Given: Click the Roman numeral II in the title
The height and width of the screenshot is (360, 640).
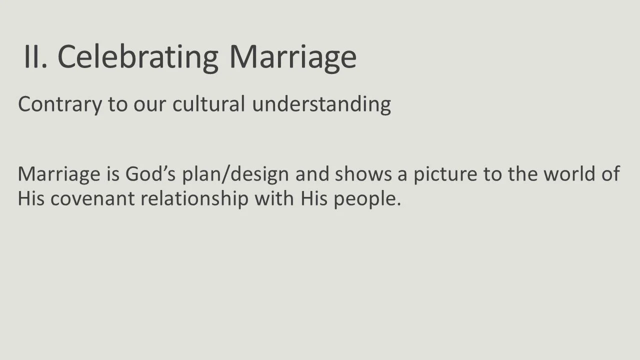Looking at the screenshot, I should pyautogui.click(x=35, y=56).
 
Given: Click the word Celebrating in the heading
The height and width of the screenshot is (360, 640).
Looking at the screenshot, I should pyautogui.click(x=138, y=56).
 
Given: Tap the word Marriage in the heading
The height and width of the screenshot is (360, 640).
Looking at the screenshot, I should pyautogui.click(x=292, y=57).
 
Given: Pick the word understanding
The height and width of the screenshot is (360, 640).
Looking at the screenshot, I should pyautogui.click(x=321, y=104).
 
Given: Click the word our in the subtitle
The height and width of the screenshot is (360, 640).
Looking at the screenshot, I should pyautogui.click(x=151, y=104).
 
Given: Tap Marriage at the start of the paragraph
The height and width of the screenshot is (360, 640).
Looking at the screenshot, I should pyautogui.click(x=59, y=174).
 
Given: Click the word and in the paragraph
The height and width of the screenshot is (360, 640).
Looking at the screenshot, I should pyautogui.click(x=312, y=173).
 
